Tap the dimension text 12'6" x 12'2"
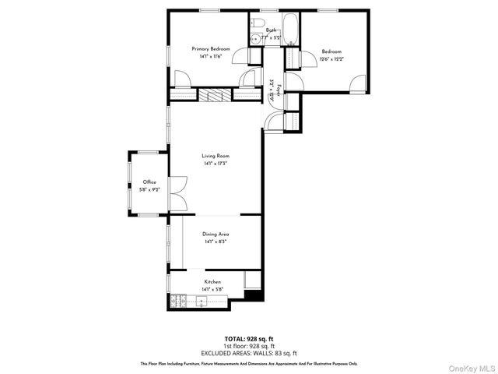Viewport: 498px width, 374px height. coord(331,58)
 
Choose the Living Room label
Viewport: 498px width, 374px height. coord(216,156)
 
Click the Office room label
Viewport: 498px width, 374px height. coord(149,182)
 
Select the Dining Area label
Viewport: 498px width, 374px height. coord(216,235)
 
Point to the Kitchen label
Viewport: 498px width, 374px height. coord(212,281)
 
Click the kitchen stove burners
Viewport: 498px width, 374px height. coord(177,301)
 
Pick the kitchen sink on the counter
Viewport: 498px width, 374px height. coord(201,301)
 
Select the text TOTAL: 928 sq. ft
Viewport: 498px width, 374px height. coord(249,339)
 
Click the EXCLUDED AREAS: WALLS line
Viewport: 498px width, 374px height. coord(249,351)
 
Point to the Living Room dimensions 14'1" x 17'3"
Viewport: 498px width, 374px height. coord(216,163)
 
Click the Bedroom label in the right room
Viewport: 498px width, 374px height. coord(331,51)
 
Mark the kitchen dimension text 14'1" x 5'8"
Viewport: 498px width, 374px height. coord(212,289)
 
